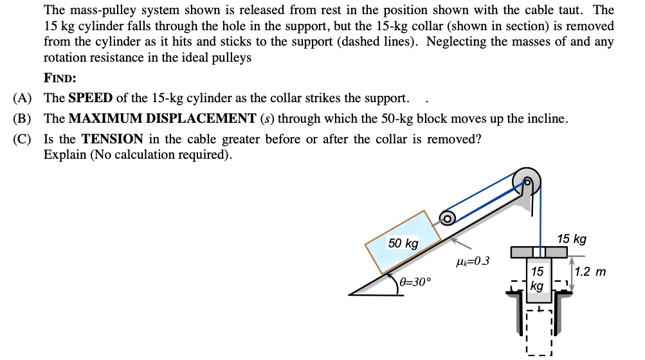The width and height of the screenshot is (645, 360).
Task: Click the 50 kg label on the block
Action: point(403,244)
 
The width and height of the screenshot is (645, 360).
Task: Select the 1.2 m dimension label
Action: point(590,272)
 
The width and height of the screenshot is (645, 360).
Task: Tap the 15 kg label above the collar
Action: point(571,239)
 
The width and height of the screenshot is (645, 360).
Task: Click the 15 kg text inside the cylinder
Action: point(538,278)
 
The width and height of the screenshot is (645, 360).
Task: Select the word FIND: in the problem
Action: point(60,78)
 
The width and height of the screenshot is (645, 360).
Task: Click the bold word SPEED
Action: point(91,98)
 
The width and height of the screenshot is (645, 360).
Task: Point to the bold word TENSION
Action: point(112,139)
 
